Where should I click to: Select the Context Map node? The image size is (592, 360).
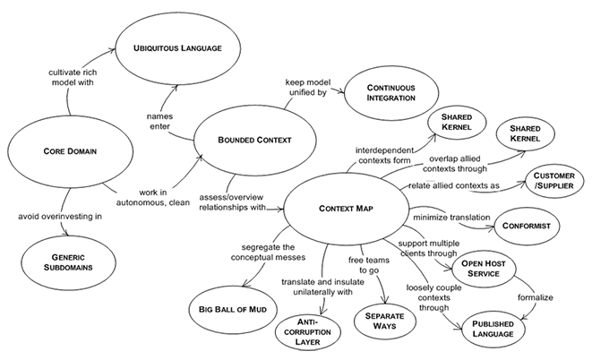[x=344, y=209]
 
